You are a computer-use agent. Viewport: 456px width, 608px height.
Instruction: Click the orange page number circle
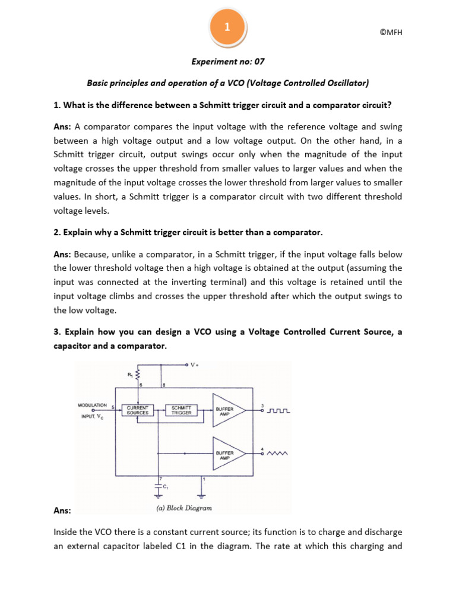click(227, 27)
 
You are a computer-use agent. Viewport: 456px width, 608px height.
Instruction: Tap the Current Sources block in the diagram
click(137, 410)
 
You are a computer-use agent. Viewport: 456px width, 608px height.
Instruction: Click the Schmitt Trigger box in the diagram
click(182, 410)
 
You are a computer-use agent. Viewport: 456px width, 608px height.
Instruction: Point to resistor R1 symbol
click(138, 374)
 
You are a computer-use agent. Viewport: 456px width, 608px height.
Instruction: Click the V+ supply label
click(194, 365)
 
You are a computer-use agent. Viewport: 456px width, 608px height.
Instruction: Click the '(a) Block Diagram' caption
click(183, 508)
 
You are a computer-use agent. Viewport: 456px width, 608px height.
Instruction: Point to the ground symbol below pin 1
click(203, 492)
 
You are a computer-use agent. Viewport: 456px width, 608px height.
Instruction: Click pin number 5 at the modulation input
click(113, 407)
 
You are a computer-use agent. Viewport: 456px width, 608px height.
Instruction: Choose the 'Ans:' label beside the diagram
click(62, 510)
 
